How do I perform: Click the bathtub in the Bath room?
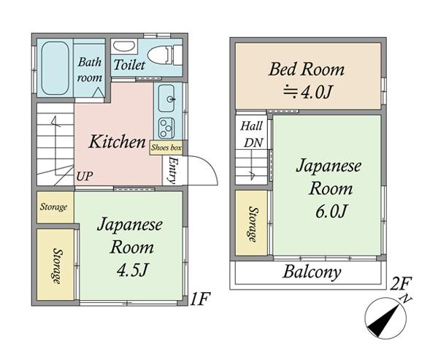[x=55, y=68]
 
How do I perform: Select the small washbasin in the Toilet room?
[x=125, y=47]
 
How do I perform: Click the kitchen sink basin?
[x=166, y=98]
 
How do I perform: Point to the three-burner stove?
[x=166, y=129]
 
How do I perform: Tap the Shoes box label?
[x=166, y=148]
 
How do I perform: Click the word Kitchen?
[x=118, y=142]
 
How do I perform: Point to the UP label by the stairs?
[x=85, y=176]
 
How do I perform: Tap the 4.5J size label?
[x=132, y=270]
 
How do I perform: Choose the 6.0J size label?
[x=331, y=211]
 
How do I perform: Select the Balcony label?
[x=312, y=272]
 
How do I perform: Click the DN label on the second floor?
[x=253, y=143]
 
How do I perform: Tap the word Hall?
[x=252, y=126]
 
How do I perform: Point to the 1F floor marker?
[x=199, y=299]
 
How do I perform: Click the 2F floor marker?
[x=401, y=285]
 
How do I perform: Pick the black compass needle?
[x=383, y=321]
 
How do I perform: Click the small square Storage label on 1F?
[x=53, y=207]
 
